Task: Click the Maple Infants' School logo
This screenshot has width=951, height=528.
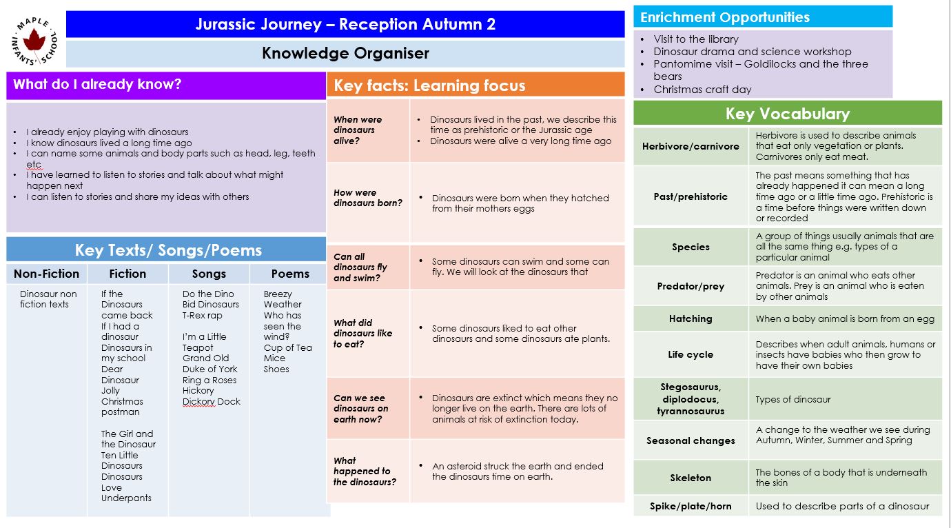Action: (x=36, y=39)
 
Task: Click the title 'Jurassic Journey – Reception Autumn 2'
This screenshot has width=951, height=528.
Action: (x=345, y=24)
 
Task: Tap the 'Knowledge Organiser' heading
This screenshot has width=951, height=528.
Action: (x=345, y=53)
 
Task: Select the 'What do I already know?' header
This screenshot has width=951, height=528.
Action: (x=97, y=85)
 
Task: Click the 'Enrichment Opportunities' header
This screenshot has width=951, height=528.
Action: (x=724, y=17)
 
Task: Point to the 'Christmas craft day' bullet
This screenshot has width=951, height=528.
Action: (x=702, y=89)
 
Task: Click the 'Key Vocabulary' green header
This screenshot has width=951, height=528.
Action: (x=787, y=114)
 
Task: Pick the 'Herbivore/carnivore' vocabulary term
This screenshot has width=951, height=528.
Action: (x=691, y=146)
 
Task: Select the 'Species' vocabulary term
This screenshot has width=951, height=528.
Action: (x=691, y=247)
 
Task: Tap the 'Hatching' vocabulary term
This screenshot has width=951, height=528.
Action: (x=691, y=318)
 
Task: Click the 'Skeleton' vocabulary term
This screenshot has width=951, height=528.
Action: (x=691, y=478)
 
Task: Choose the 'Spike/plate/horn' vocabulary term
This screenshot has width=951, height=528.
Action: (x=691, y=506)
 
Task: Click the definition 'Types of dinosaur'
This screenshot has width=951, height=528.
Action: (x=793, y=399)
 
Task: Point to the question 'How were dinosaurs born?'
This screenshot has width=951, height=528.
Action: (x=368, y=198)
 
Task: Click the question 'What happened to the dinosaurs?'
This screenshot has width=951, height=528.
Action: (x=365, y=471)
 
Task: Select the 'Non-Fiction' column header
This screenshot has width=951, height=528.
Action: (x=46, y=274)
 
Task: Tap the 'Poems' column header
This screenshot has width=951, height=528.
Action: (x=290, y=274)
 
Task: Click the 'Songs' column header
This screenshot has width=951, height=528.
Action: (x=209, y=274)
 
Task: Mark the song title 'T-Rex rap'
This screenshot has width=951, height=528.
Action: (x=203, y=315)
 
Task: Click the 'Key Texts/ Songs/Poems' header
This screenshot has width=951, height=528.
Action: (x=168, y=250)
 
